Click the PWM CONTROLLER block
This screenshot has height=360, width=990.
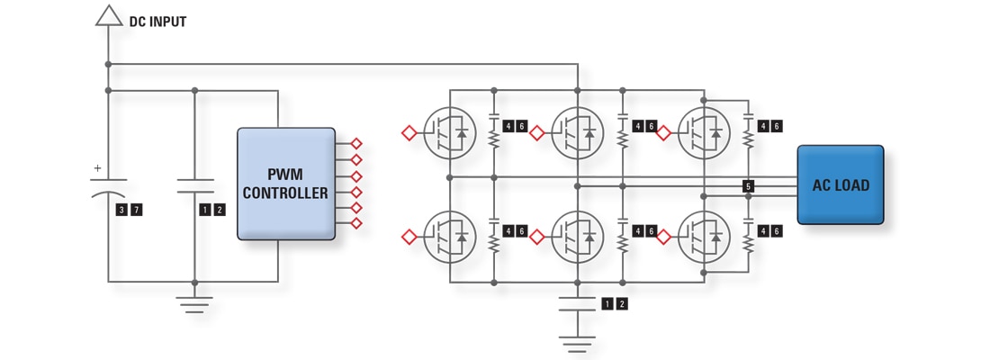tap(284, 184)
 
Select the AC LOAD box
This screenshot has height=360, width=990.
tap(840, 184)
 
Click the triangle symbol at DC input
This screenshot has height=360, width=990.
tap(108, 15)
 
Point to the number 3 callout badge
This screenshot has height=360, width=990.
tap(121, 210)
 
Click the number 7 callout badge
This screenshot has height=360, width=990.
tap(137, 210)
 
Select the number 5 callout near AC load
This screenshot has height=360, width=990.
tap(748, 186)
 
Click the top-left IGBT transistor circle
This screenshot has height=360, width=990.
tap(450, 133)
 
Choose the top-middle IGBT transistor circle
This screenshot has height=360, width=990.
tap(577, 133)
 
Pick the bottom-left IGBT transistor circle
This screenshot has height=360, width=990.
tap(450, 237)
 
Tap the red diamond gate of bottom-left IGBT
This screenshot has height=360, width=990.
tap(409, 237)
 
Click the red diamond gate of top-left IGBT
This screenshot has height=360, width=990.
tap(409, 133)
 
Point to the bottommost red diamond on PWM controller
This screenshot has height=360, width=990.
tap(356, 222)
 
